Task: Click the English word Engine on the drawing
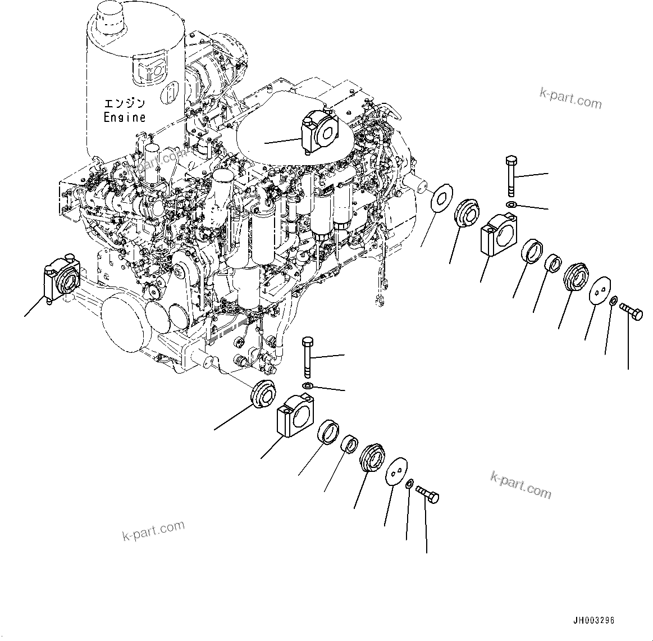point(125,117)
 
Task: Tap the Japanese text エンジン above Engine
point(125,103)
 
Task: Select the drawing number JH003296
point(593,620)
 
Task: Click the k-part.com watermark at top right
point(570,98)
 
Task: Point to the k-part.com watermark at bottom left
point(153,530)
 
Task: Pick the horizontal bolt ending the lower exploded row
point(428,495)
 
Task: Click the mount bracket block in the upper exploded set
point(499,234)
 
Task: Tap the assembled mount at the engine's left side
point(60,279)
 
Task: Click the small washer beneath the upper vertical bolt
point(510,204)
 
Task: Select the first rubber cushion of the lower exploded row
point(263,393)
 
